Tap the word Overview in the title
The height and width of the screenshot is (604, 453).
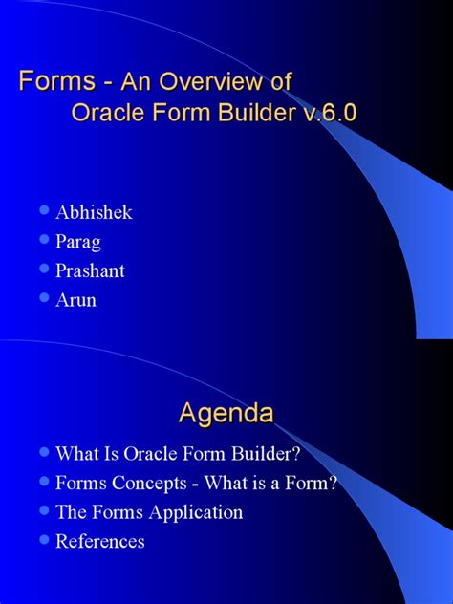click(211, 82)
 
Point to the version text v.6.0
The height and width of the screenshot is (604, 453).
click(326, 113)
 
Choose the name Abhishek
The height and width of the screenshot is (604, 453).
click(94, 212)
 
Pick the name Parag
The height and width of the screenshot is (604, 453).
click(79, 242)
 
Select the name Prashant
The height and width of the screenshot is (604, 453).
click(91, 270)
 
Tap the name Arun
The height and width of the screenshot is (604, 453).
click(76, 300)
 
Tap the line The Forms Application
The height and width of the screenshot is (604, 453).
click(149, 512)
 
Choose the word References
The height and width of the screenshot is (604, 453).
click(100, 541)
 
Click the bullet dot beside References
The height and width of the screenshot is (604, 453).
click(43, 540)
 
